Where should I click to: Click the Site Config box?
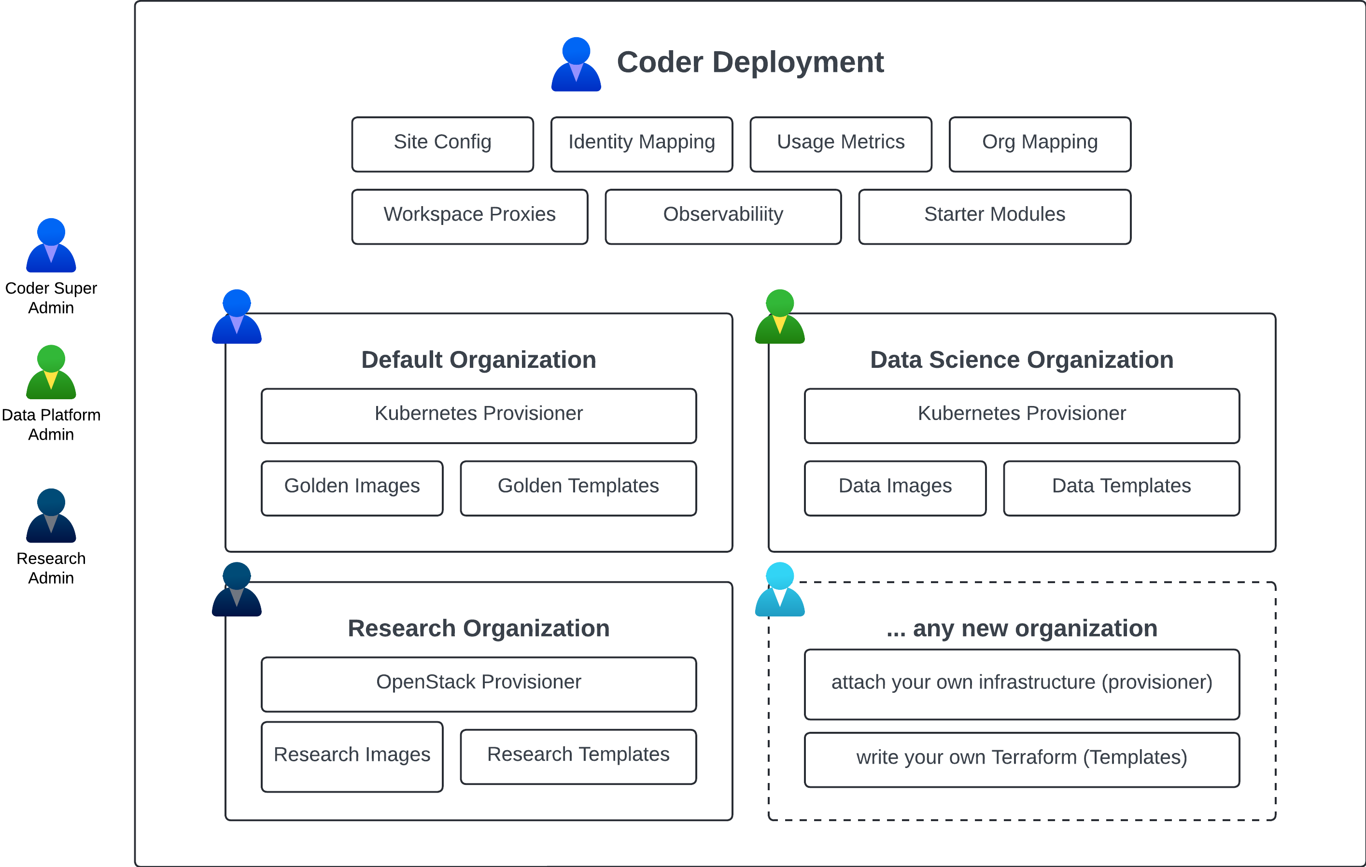coord(442,144)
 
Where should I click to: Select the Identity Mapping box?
coord(642,144)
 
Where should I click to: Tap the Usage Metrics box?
coord(841,144)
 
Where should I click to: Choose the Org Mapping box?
coord(1040,144)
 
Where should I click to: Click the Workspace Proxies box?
coord(470,216)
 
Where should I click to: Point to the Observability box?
coord(723,216)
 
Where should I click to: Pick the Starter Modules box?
coord(994,216)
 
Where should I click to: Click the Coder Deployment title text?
coord(750,62)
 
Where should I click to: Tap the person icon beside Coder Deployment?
coord(576,65)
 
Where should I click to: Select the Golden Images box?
coord(352,488)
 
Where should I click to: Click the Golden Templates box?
coord(578,488)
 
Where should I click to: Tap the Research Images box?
coord(352,756)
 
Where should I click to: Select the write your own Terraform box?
coord(1021,759)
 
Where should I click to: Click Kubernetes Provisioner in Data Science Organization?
coord(1021,415)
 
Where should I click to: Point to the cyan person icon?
coord(779,590)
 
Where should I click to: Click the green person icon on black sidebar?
coord(51,373)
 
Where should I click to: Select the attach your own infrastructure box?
coord(1021,684)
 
